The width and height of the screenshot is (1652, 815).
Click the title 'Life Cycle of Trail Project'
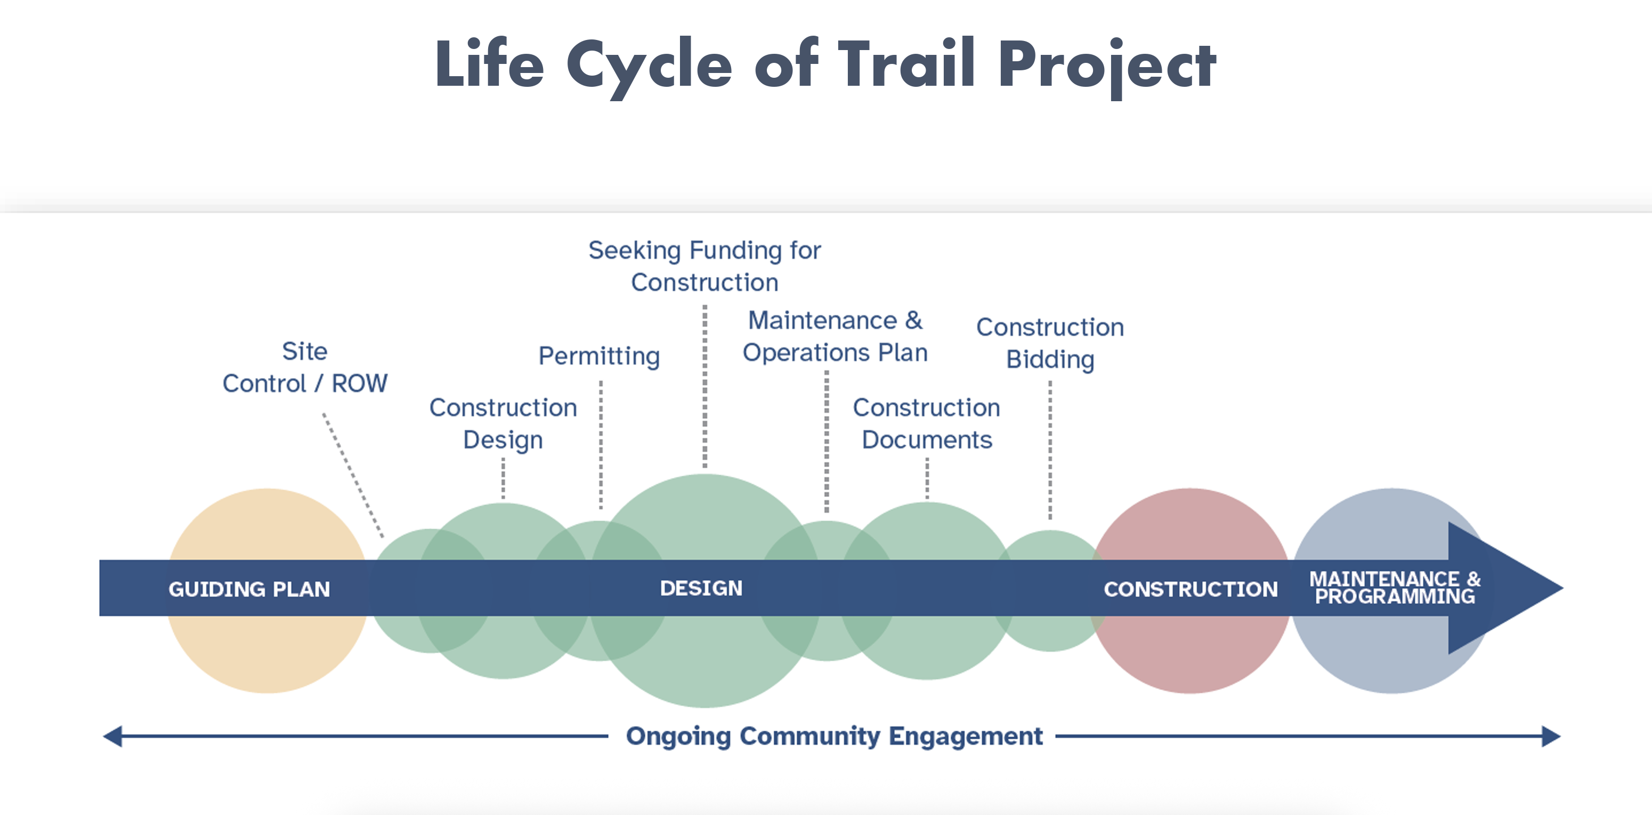[x=825, y=64]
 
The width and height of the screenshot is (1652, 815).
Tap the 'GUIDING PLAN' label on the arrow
[x=249, y=589]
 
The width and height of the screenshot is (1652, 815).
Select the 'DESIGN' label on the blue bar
[x=701, y=588]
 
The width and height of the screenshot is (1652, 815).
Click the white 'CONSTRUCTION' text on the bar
[x=1191, y=589]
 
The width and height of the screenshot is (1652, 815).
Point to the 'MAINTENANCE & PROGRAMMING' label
[x=1394, y=588]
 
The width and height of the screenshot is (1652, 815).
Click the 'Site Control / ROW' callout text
[x=305, y=368]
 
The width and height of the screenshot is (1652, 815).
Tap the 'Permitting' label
[x=599, y=356]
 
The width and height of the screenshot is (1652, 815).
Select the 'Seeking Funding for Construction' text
[x=704, y=266]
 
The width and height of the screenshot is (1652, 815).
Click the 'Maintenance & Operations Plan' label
[x=835, y=336]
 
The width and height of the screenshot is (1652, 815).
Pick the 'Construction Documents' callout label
[x=926, y=423]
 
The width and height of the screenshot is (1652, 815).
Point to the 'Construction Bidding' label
[x=1050, y=343]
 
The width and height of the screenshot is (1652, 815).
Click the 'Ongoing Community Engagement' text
[x=833, y=736]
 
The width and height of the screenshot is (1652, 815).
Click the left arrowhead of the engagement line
[x=114, y=736]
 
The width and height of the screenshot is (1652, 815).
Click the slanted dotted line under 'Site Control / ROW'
[x=353, y=475]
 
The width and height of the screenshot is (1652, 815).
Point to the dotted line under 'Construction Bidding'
[x=1050, y=449]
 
